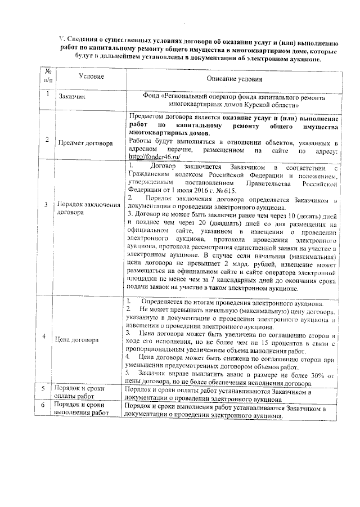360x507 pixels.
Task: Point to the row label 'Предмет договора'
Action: pyautogui.click(x=85, y=143)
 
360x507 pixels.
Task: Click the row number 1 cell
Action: pyautogui.click(x=49, y=94)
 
